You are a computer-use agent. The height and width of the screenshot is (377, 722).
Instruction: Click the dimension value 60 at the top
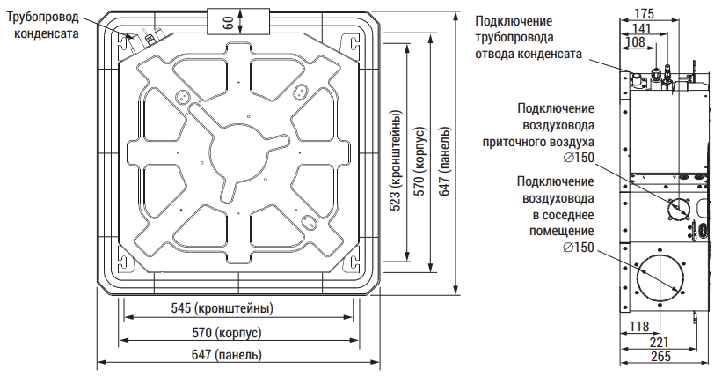[229, 21]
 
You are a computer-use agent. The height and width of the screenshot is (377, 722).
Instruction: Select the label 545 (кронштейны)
[222, 308]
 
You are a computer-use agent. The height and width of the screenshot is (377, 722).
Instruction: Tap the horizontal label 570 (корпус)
[227, 333]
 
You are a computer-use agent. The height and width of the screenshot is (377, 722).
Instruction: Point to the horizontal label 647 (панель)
[227, 355]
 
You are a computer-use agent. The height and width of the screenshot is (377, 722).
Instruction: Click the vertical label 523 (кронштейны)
[396, 160]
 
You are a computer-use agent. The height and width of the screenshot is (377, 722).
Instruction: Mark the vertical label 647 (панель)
[444, 160]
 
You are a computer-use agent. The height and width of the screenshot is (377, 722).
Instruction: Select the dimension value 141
[641, 28]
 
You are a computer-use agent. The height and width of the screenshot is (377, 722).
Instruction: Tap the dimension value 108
[635, 42]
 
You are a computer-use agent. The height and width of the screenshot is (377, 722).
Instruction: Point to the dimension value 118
[638, 327]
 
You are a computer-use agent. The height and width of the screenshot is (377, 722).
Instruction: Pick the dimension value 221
[659, 343]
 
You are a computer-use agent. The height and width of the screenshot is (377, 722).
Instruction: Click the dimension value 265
[660, 357]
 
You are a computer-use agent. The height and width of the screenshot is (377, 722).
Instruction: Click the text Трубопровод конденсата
[43, 26]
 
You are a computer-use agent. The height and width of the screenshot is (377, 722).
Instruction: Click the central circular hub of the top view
[238, 151]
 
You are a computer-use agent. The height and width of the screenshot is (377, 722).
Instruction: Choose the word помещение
[562, 230]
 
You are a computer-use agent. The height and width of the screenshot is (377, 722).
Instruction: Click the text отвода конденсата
[529, 54]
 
